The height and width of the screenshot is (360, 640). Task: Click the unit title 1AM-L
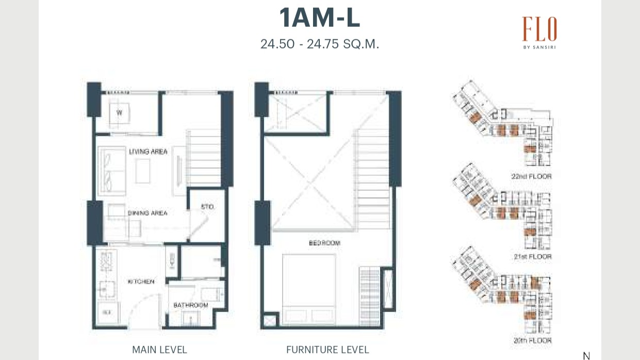tap(319, 19)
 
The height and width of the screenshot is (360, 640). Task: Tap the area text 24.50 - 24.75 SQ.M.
tap(319, 44)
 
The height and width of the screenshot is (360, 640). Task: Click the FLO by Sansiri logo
tap(539, 32)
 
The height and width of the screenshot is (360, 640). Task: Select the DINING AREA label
tap(147, 212)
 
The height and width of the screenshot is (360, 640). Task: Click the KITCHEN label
tap(141, 282)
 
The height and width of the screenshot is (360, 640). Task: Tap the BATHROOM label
tap(190, 305)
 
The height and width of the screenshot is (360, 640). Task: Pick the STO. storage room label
tap(207, 207)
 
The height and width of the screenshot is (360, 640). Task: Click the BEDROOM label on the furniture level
tap(324, 243)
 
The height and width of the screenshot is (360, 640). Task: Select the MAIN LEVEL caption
tap(159, 350)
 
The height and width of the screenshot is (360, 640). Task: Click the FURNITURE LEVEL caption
tap(327, 350)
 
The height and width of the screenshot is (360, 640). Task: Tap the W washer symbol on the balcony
tap(119, 112)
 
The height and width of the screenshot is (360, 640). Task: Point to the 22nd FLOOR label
tap(531, 176)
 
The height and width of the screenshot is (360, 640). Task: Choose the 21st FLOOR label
tap(532, 256)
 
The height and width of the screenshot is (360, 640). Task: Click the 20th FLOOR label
tap(532, 340)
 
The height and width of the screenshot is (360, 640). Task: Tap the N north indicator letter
tap(586, 355)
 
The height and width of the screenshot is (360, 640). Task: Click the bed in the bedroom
tap(308, 289)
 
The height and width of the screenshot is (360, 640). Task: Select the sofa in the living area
tap(110, 171)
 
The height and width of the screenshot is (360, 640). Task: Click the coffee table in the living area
tap(143, 171)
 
